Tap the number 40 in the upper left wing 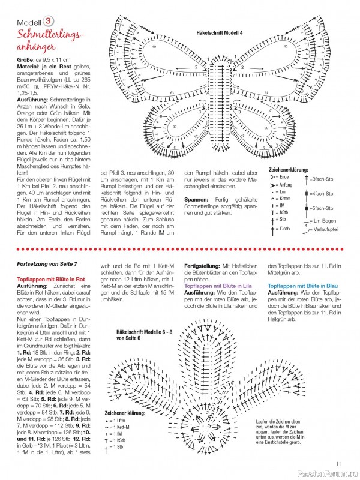tap(154, 47)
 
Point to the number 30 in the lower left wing tap(175, 127)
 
